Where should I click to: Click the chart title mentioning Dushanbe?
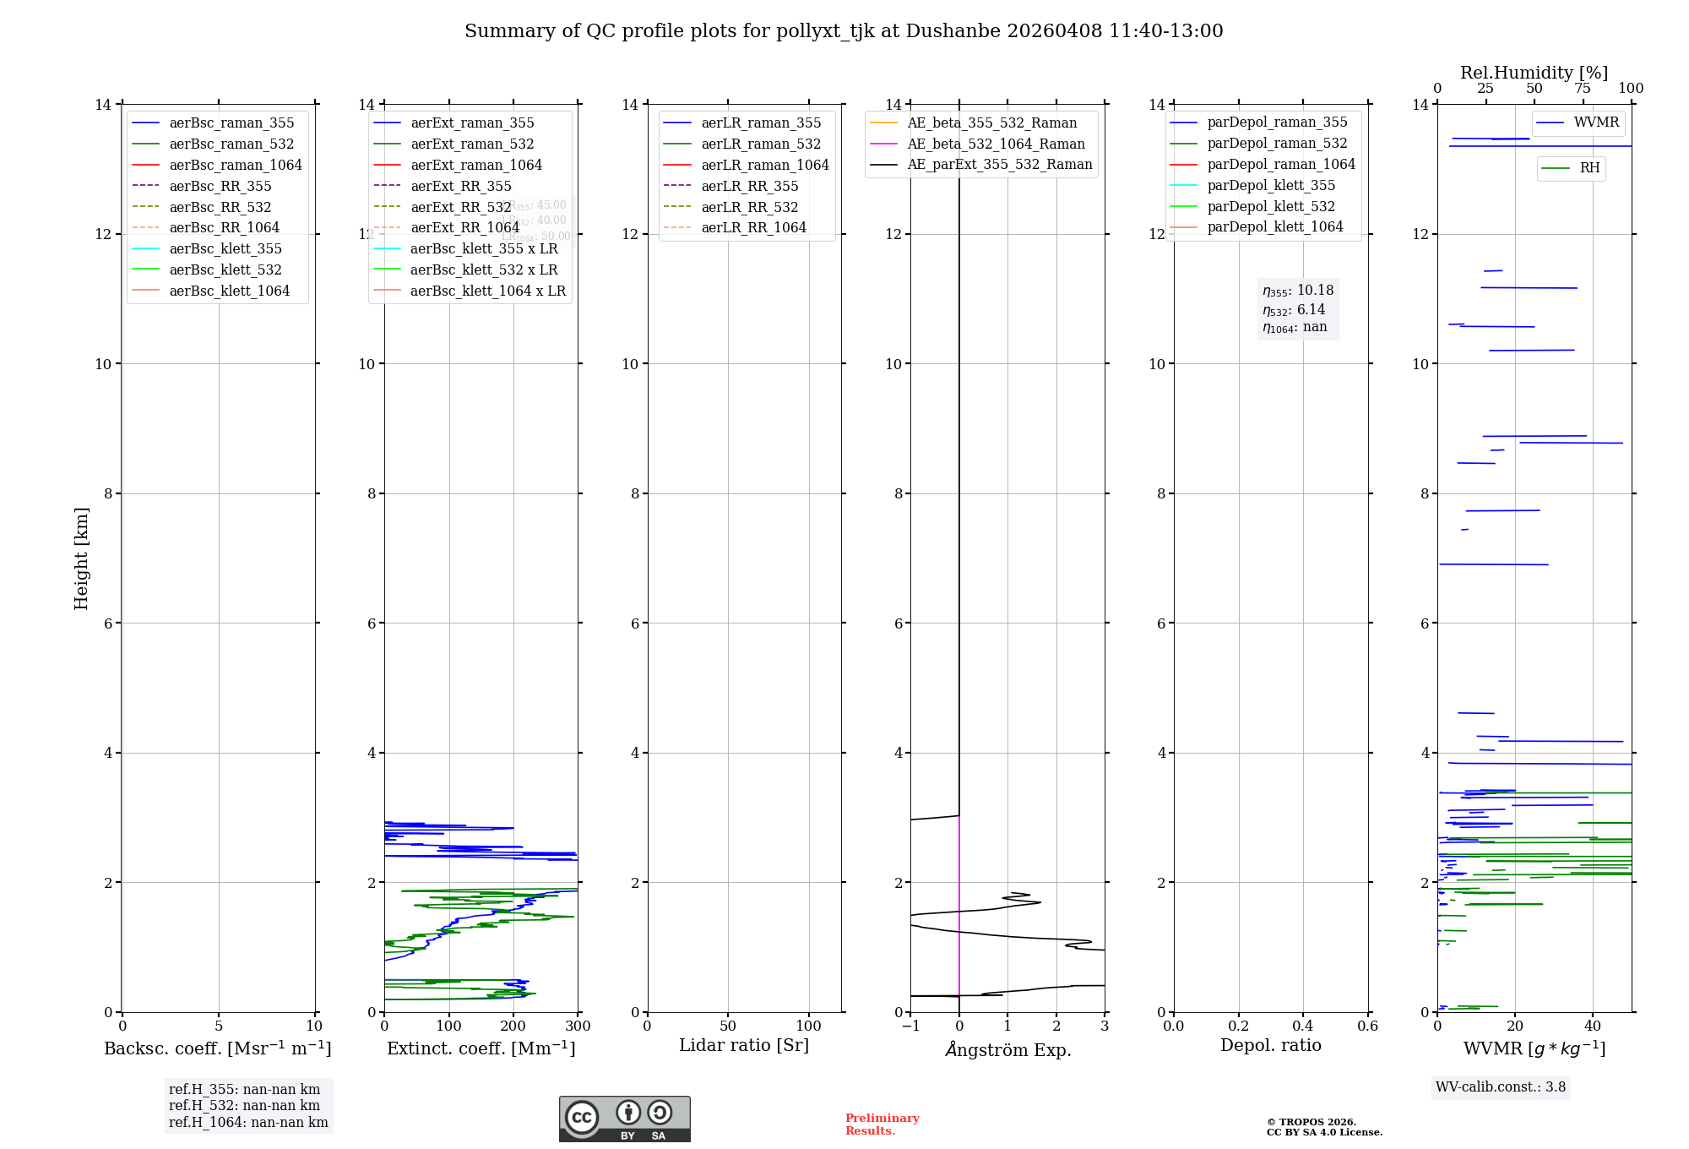844,31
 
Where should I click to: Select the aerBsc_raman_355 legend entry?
231,123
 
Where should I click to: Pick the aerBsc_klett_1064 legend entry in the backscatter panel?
229,291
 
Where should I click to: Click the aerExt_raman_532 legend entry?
472,144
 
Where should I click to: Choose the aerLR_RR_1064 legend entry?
753,228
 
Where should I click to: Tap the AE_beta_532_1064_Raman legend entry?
996,144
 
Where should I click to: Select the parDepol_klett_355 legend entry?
1271,186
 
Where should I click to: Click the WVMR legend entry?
1596,123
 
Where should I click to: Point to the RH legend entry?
1589,168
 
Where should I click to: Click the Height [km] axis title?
81,558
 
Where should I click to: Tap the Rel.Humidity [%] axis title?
1534,73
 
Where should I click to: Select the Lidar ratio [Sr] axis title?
744,1045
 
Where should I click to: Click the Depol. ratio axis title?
1270,1045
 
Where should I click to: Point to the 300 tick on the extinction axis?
578,1026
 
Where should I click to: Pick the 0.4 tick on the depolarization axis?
1303,1026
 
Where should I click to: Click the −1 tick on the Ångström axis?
910,1026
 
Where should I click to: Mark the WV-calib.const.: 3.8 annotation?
1501,1087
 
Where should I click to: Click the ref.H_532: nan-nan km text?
244,1106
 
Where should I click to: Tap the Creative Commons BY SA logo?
624,1119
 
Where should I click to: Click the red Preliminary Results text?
882,1124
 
